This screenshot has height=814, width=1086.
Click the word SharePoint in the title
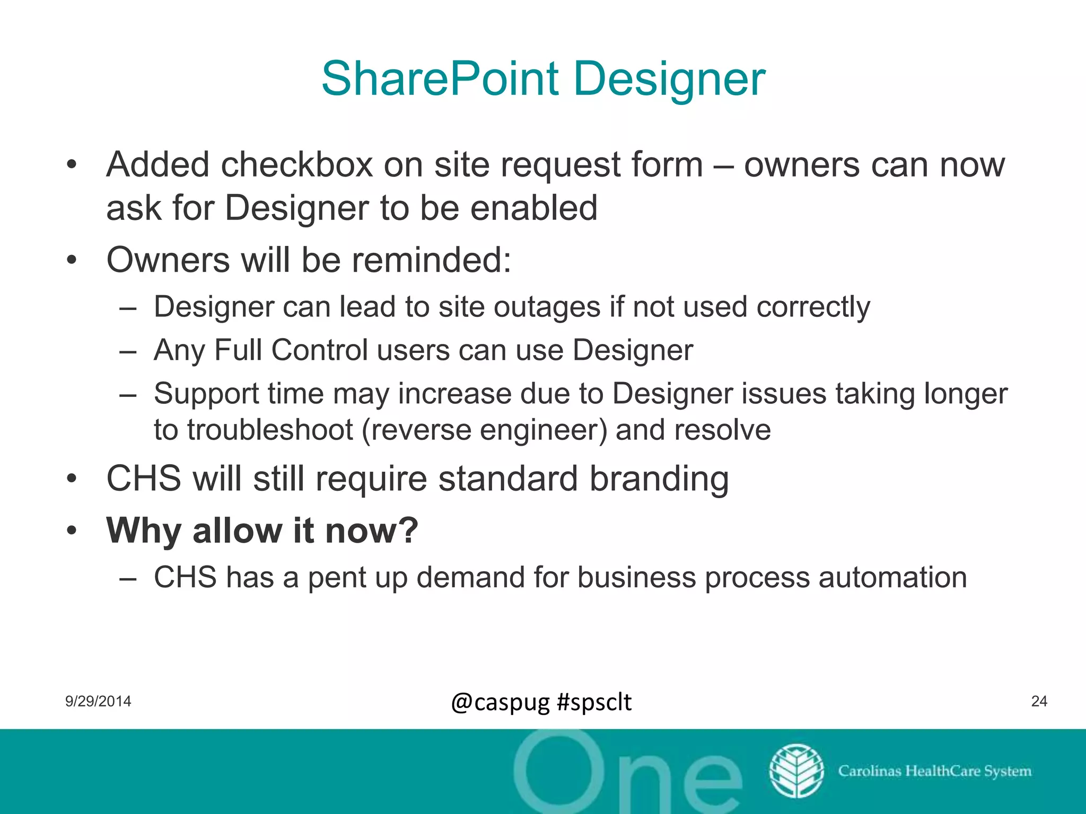(440, 79)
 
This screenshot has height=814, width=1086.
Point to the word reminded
(431, 260)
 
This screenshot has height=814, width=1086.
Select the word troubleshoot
(270, 429)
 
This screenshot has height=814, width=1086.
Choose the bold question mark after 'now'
(407, 530)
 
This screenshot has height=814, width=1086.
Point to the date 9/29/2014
(98, 702)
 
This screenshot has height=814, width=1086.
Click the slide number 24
(1039, 702)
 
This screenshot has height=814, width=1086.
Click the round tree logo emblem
(796, 771)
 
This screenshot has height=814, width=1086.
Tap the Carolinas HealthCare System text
(934, 771)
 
